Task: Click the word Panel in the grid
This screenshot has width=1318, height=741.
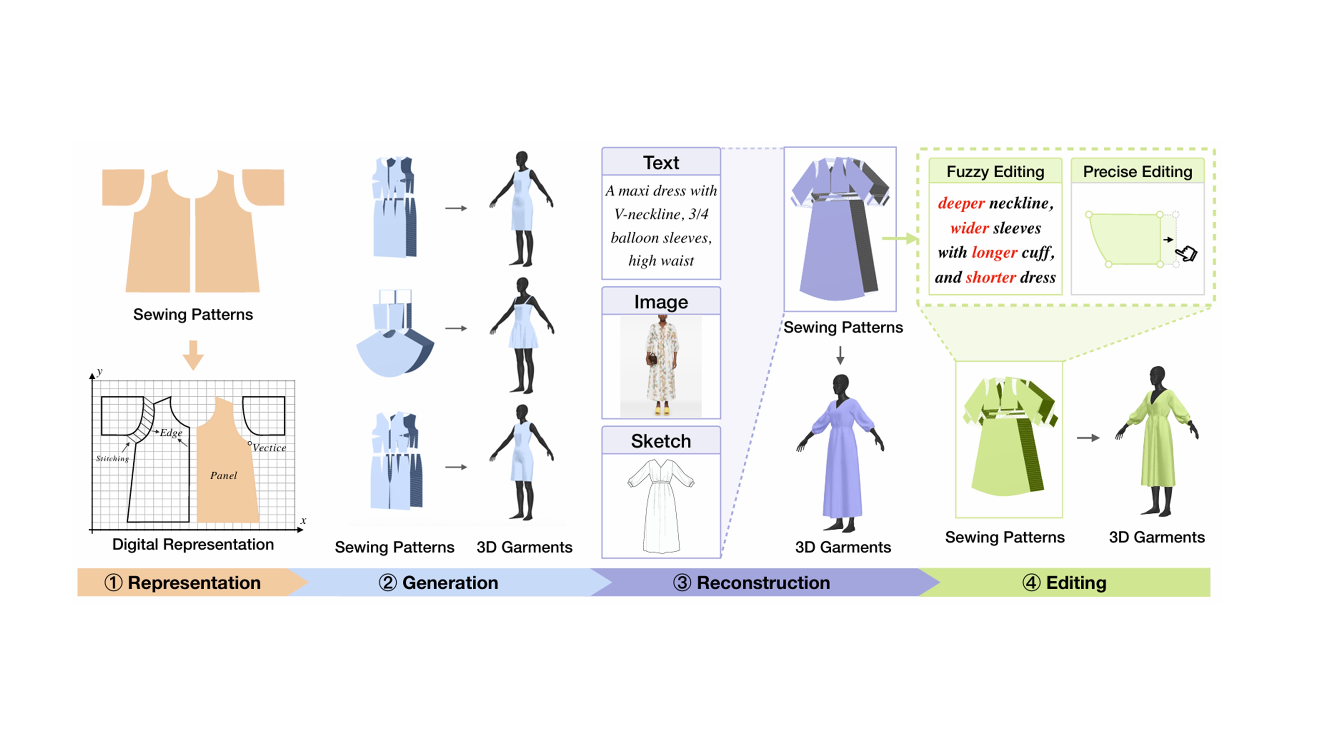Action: coord(224,476)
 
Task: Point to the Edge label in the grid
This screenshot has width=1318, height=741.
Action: coord(171,433)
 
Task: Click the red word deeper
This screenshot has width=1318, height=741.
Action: coord(961,203)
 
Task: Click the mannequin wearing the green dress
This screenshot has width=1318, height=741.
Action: coord(1157,440)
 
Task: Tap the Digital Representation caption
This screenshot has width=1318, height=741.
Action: coord(193,544)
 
